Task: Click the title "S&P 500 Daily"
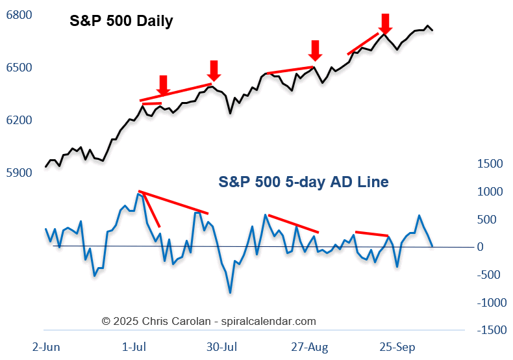(121, 21)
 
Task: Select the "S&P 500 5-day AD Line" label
(303, 182)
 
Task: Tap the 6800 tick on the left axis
(18, 15)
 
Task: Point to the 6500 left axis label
(18, 68)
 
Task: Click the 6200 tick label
(18, 121)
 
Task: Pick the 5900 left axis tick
(18, 174)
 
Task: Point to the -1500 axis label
(490, 331)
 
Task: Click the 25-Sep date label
(397, 346)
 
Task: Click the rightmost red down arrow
(386, 24)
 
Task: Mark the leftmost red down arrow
(163, 84)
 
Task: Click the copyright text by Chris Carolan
(209, 321)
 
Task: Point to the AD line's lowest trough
(230, 293)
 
